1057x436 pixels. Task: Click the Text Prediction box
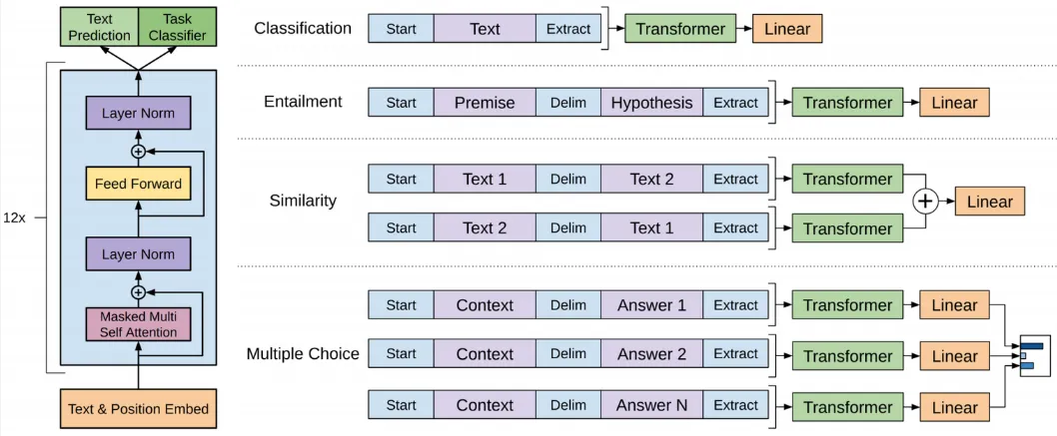pos(99,27)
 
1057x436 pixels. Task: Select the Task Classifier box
pos(178,27)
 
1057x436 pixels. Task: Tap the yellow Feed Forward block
pos(138,184)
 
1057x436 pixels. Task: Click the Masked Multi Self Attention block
pos(138,324)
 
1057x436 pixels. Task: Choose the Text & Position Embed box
pos(138,408)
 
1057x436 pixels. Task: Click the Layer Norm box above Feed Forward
pos(138,113)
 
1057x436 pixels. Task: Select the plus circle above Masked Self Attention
pos(138,292)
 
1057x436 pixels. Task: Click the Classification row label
pos(303,28)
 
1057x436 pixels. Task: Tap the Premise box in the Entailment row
pos(484,102)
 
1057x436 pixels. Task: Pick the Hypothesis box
pos(651,102)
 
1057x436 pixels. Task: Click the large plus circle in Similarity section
pos(925,202)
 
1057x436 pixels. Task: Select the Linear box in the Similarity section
pos(989,202)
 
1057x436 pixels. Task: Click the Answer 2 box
pos(651,353)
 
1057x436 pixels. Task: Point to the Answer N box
pos(651,405)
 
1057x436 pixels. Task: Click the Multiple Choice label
pos(303,353)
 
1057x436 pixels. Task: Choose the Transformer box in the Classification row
pos(681,29)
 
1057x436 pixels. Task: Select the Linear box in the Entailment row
pos(954,102)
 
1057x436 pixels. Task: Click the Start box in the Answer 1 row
pos(401,305)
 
